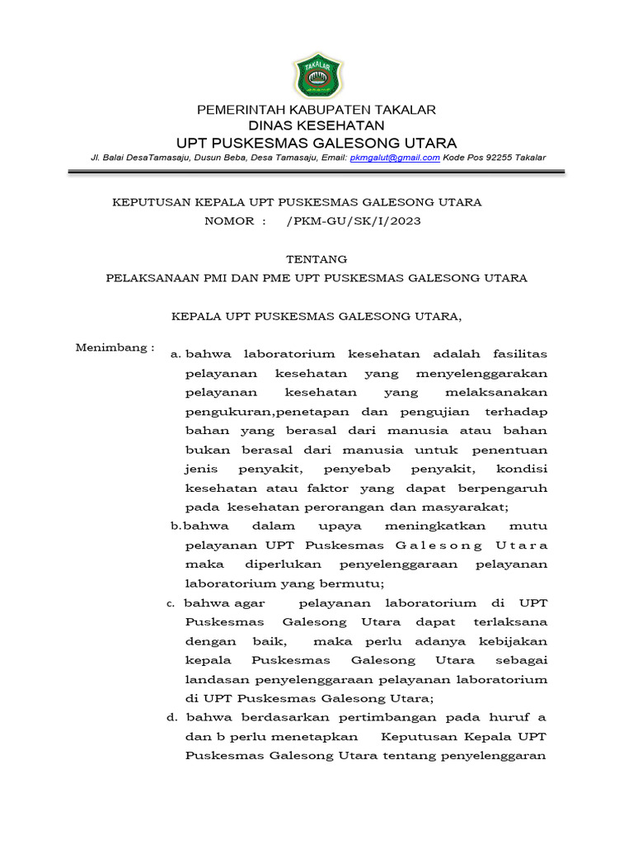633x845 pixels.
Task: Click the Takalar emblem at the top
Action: coord(316,74)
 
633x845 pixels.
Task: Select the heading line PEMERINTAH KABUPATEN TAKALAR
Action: coord(316,110)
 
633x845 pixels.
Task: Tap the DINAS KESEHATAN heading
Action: coord(316,125)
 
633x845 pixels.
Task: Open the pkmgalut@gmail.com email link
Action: coord(395,158)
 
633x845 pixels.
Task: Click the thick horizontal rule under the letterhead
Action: coord(316,172)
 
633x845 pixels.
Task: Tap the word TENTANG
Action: coord(316,259)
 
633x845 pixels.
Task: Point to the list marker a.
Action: coord(174,354)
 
